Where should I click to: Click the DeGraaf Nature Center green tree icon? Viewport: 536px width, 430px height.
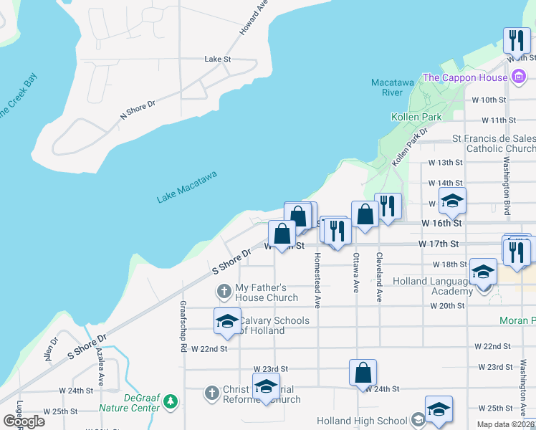(170, 399)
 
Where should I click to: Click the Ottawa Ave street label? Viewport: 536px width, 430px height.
(355, 272)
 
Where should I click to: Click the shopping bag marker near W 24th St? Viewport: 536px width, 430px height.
(363, 372)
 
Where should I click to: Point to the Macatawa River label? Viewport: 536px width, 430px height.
(391, 87)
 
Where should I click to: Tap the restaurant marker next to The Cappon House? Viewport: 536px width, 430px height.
(516, 40)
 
